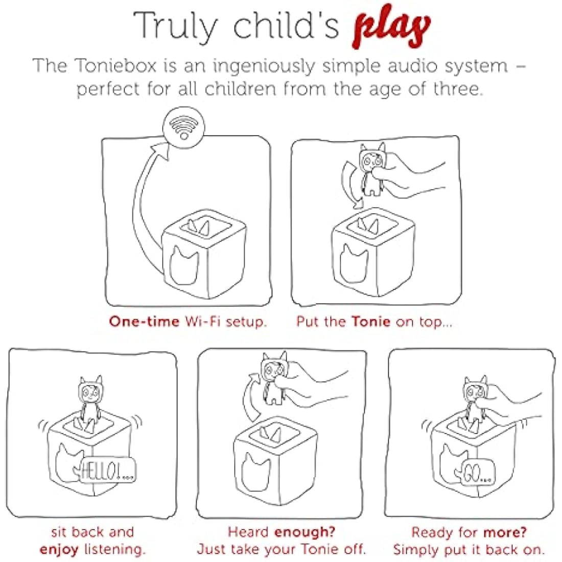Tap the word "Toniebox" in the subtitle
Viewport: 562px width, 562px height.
(x=116, y=66)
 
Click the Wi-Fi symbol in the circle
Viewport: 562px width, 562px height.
(x=184, y=128)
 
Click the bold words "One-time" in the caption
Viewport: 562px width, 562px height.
(x=144, y=321)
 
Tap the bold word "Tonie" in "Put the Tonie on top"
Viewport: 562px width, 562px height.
(x=370, y=321)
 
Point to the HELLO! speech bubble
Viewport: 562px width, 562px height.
(x=107, y=470)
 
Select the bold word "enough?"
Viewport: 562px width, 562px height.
(x=305, y=532)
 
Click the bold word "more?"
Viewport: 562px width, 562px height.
(x=505, y=532)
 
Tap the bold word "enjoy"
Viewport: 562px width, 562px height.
(x=59, y=549)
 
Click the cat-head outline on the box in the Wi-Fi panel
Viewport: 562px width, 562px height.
(x=183, y=265)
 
